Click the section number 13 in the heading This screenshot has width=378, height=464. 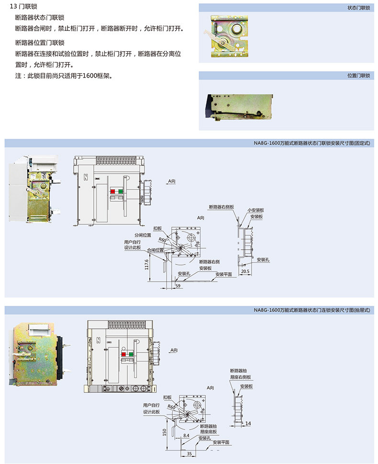[12, 7]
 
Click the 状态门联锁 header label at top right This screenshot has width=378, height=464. [358, 8]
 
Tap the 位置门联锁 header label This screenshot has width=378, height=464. [358, 76]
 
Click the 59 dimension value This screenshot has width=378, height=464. [178, 286]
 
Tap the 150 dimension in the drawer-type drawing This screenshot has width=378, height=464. [165, 432]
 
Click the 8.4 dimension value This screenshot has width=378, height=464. [187, 436]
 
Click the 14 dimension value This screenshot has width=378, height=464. [248, 423]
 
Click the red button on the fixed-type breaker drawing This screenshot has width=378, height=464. [113, 191]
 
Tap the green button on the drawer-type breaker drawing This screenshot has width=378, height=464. [130, 354]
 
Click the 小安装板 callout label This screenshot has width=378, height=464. [256, 210]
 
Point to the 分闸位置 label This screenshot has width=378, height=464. [143, 235]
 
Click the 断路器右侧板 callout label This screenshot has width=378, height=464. [221, 207]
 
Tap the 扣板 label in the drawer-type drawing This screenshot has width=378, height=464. [167, 397]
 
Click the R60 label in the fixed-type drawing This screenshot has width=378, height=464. [163, 240]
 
